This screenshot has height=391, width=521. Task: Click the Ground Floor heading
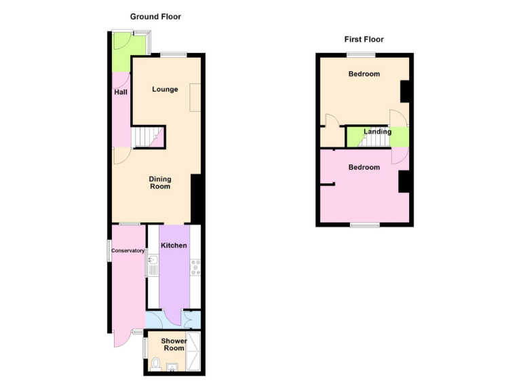(x=155, y=16)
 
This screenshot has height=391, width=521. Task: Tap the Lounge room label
(x=165, y=89)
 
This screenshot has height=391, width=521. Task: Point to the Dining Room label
(x=160, y=183)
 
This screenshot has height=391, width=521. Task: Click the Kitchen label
(x=174, y=245)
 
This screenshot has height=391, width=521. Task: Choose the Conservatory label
(x=128, y=250)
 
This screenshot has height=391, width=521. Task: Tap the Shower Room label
(x=174, y=344)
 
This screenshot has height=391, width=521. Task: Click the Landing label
(x=377, y=132)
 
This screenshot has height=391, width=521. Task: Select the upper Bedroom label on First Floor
(x=364, y=74)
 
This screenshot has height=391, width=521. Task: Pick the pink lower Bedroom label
(x=364, y=167)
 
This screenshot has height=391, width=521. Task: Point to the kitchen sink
(x=153, y=263)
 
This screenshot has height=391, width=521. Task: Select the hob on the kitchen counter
(x=195, y=267)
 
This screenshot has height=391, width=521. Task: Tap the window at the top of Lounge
(x=174, y=54)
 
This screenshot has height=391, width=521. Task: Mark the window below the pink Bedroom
(x=364, y=225)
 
